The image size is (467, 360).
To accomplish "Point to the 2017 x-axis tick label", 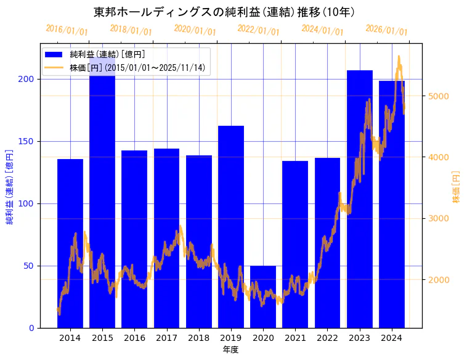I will (x=166, y=338).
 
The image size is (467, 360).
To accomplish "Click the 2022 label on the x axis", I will (x=327, y=338).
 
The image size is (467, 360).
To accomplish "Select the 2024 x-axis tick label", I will (x=392, y=338).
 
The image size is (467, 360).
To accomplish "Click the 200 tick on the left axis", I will (x=27, y=80).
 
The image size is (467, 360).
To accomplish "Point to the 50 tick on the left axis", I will (x=30, y=266).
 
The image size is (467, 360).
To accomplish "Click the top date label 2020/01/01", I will (x=195, y=30).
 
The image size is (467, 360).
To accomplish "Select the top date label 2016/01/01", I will (x=67, y=30).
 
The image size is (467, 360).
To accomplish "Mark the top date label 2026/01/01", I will (x=386, y=30).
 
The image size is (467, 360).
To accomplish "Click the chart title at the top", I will (x=224, y=12).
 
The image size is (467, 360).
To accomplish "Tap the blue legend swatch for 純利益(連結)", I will (x=54, y=55).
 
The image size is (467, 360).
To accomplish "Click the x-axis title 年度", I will (x=230, y=350).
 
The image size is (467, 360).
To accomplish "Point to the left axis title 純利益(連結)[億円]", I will (x=10, y=187).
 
